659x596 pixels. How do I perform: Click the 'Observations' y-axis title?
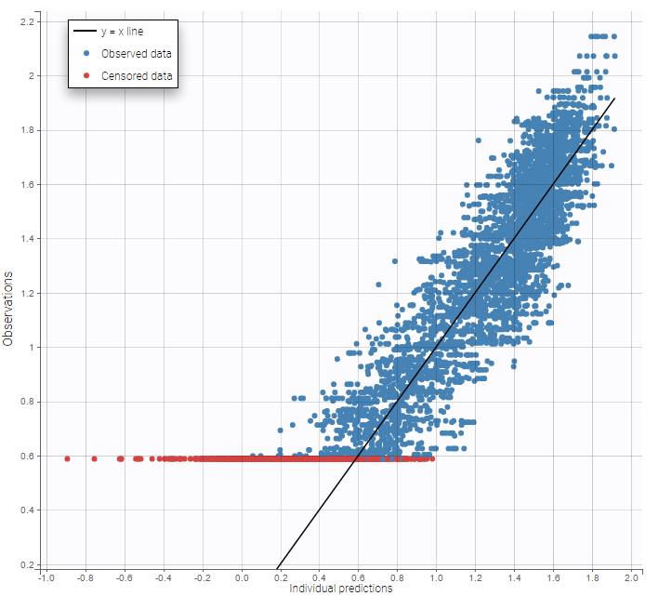pos(8,310)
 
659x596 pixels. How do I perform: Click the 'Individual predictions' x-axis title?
pos(340,589)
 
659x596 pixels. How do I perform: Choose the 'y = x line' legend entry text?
pos(122,32)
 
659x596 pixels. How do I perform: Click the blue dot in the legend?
pos(86,54)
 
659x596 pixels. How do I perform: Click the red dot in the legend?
pos(86,76)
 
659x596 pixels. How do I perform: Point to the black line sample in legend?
pos(86,32)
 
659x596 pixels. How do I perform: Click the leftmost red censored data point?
pos(67,458)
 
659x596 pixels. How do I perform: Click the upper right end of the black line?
pos(614,99)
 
